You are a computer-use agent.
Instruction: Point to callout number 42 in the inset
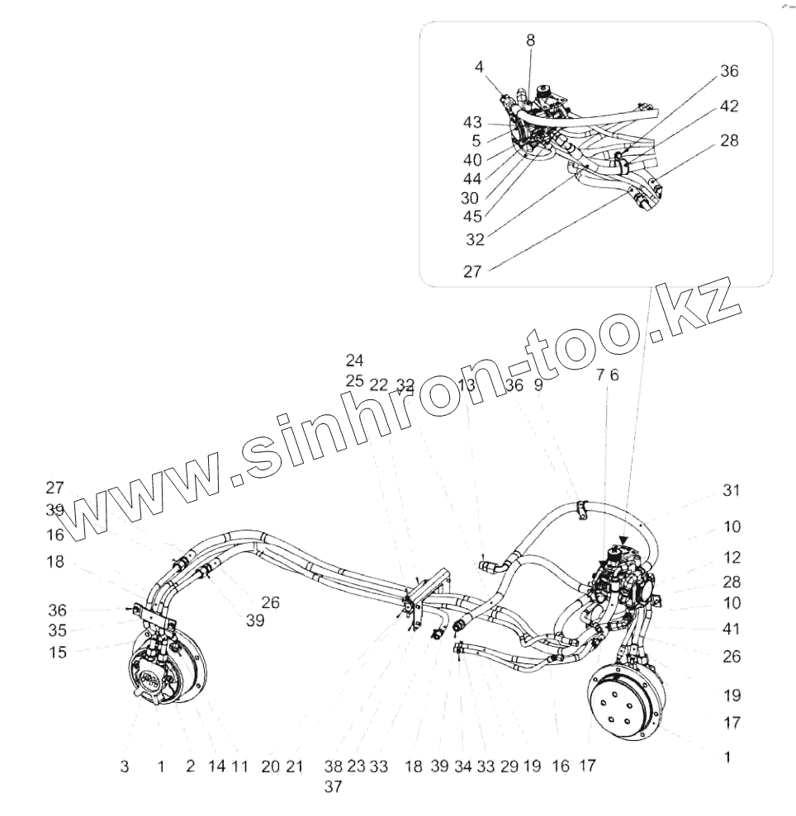(x=728, y=106)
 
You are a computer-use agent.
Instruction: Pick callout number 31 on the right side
(x=731, y=490)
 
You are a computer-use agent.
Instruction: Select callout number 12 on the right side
(x=731, y=558)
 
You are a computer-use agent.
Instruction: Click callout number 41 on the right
(x=731, y=630)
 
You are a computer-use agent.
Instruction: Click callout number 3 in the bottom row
(x=124, y=767)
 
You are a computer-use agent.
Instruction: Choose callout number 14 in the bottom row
(x=216, y=767)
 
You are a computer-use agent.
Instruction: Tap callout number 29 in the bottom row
(x=509, y=767)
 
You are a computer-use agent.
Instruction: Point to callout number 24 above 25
(x=355, y=361)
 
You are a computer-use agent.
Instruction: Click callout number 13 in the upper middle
(x=467, y=384)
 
